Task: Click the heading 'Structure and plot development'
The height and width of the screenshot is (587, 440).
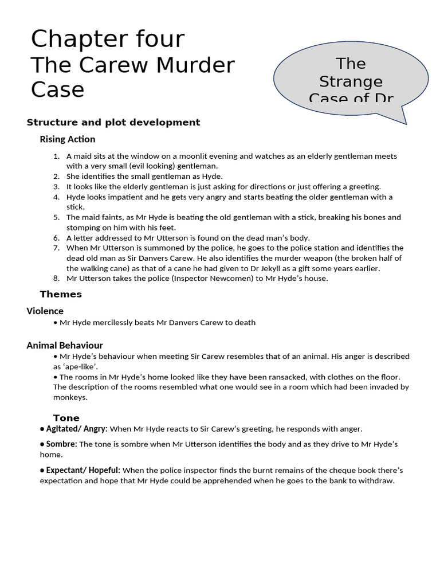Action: [x=113, y=122]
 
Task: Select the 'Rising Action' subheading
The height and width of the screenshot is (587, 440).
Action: [x=68, y=139]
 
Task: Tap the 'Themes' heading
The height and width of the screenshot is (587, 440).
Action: [x=61, y=294]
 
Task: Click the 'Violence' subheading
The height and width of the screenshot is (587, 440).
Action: [x=45, y=311]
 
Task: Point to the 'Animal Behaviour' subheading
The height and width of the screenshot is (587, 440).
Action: [x=65, y=345]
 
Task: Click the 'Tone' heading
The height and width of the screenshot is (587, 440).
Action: [x=66, y=418]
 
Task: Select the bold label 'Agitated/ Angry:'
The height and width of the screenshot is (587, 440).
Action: [x=77, y=429]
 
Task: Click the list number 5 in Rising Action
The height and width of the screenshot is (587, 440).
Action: [x=56, y=217]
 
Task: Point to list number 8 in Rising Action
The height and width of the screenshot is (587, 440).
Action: [x=56, y=279]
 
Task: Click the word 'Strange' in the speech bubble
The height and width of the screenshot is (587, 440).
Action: [x=351, y=81]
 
